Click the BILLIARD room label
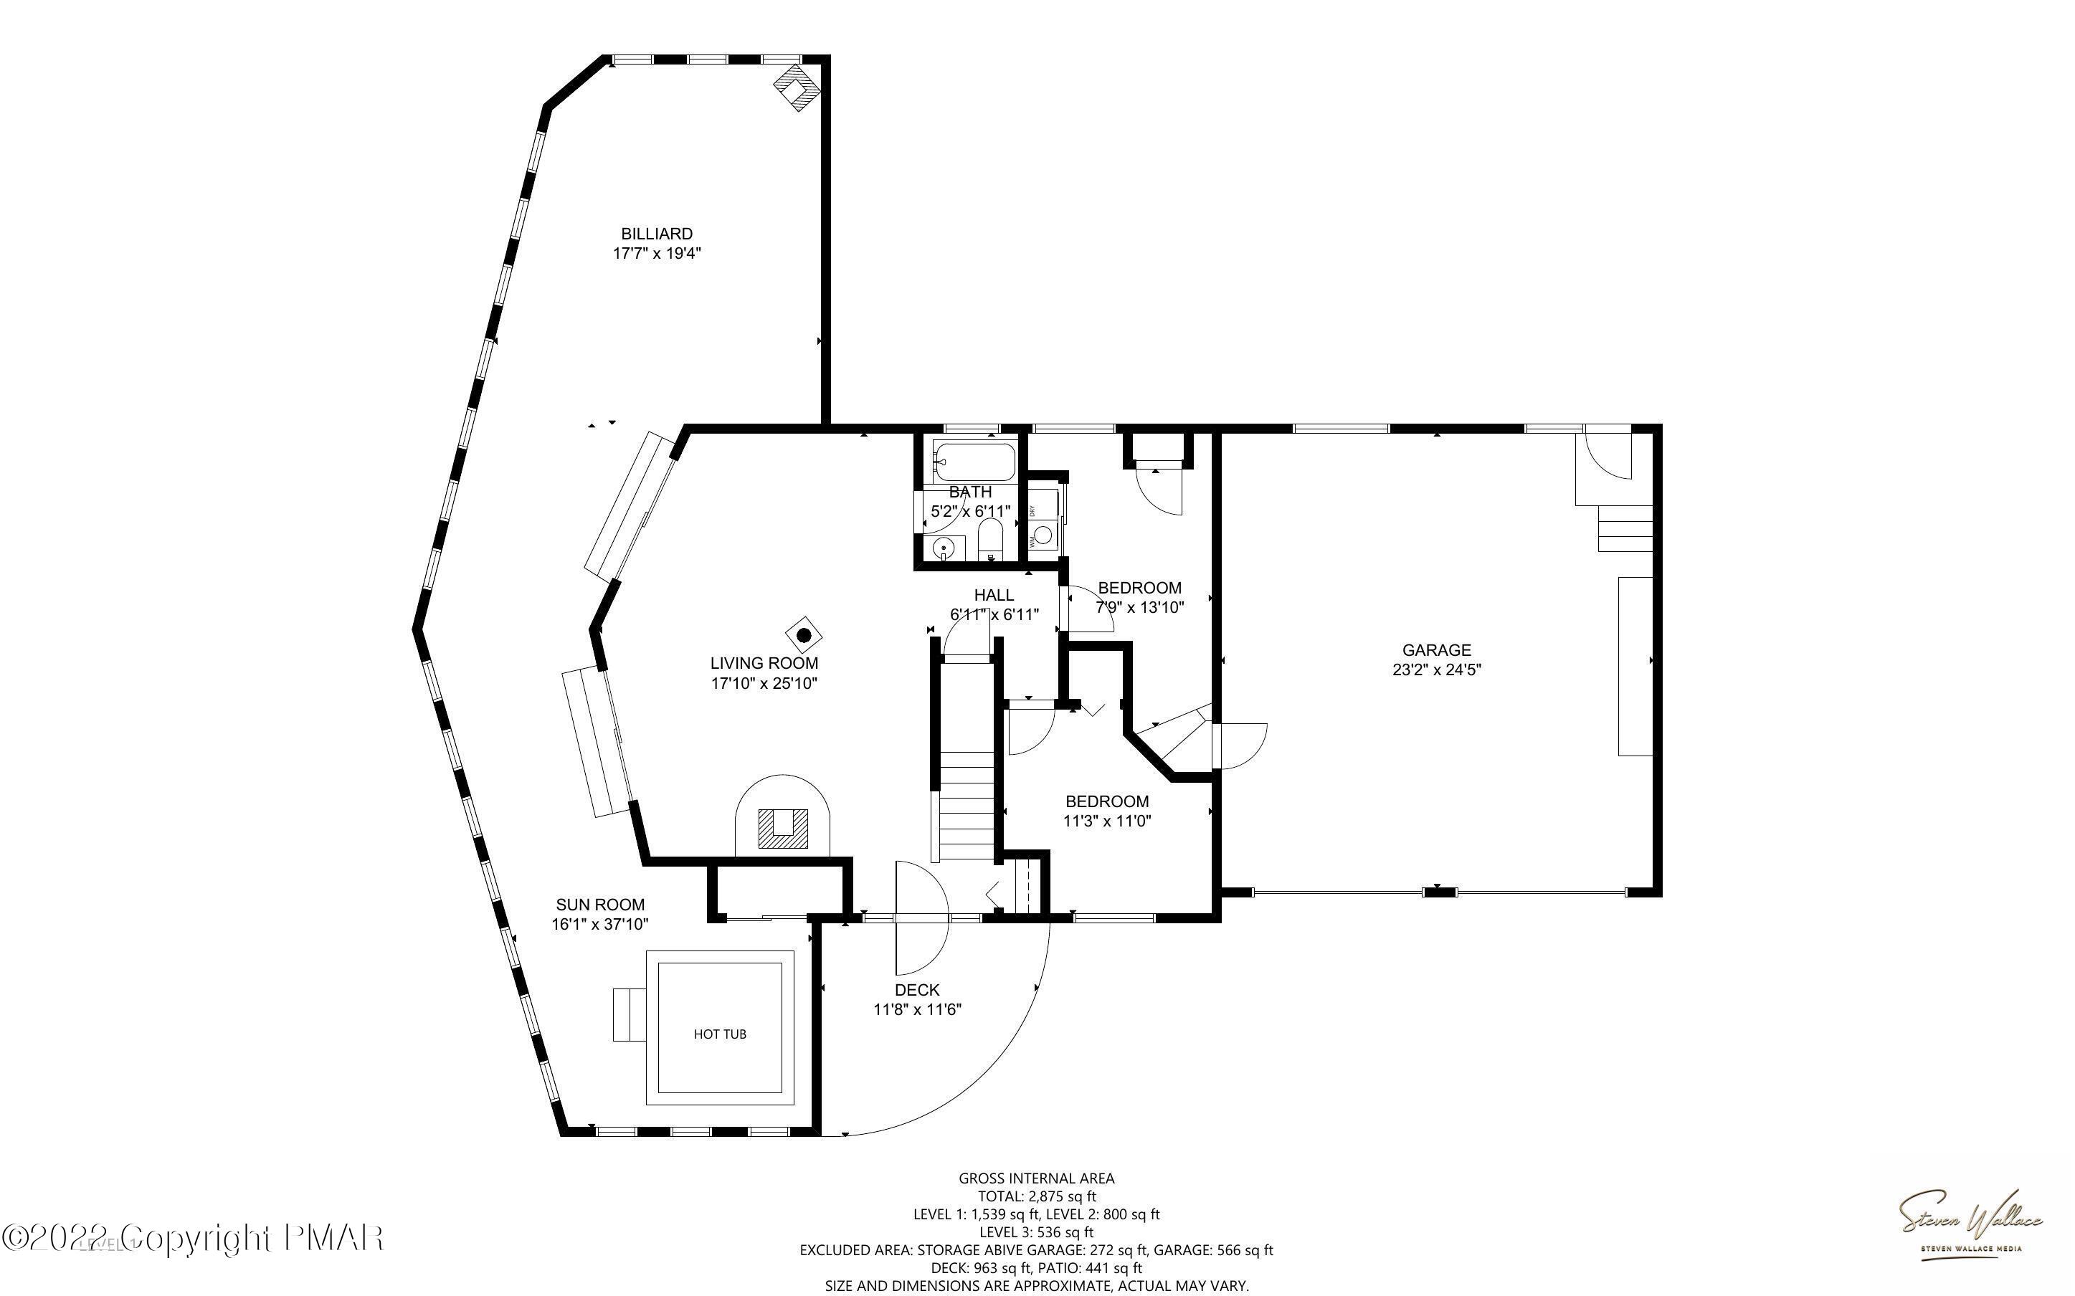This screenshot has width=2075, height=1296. [657, 234]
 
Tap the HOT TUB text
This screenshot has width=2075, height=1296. [720, 1034]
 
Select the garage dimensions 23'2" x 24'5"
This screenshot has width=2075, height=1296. [1436, 670]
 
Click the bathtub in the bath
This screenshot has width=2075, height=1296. [974, 461]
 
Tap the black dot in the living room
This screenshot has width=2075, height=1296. [804, 635]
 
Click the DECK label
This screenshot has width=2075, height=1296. [917, 990]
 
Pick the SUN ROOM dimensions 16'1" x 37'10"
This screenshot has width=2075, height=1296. [600, 924]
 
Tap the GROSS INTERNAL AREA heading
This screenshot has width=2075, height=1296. [1036, 1178]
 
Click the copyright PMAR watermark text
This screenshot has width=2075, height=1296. [193, 1238]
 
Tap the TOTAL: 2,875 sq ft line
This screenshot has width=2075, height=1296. [1036, 1196]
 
